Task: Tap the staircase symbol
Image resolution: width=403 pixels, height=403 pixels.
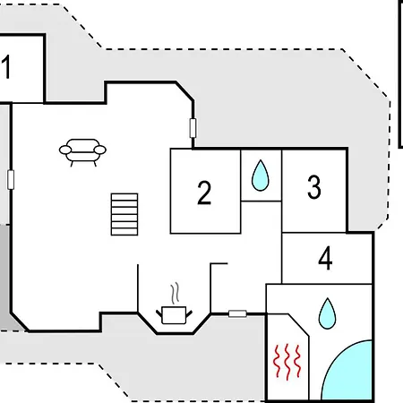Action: coord(124,214)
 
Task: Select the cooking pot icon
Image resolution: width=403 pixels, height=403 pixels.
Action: coord(174,315)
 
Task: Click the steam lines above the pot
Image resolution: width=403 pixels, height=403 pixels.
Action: coord(175,293)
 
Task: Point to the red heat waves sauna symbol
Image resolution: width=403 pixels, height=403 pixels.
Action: coord(287,362)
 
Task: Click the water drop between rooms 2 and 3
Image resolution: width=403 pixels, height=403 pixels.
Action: coord(261,176)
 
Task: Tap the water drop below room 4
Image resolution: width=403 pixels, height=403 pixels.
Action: coord(327,313)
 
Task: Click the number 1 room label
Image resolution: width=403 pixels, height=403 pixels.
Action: coord(6,66)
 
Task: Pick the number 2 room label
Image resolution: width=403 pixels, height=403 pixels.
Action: coord(204,193)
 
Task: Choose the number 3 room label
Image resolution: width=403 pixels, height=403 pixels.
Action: coord(314,187)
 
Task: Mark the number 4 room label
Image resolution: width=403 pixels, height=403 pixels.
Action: coord(325,258)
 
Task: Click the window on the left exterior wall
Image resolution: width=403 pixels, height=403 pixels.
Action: coord(11,180)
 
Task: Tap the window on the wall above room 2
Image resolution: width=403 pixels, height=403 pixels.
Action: coord(193,128)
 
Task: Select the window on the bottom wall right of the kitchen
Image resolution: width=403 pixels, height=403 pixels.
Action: coord(237,313)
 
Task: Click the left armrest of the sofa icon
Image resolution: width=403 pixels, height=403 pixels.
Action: coord(65,150)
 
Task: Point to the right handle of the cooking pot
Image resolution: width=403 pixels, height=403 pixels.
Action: coord(189,314)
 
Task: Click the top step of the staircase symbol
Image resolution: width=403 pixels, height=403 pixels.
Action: coord(124,197)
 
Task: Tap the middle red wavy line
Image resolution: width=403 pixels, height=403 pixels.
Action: coord(287,362)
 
